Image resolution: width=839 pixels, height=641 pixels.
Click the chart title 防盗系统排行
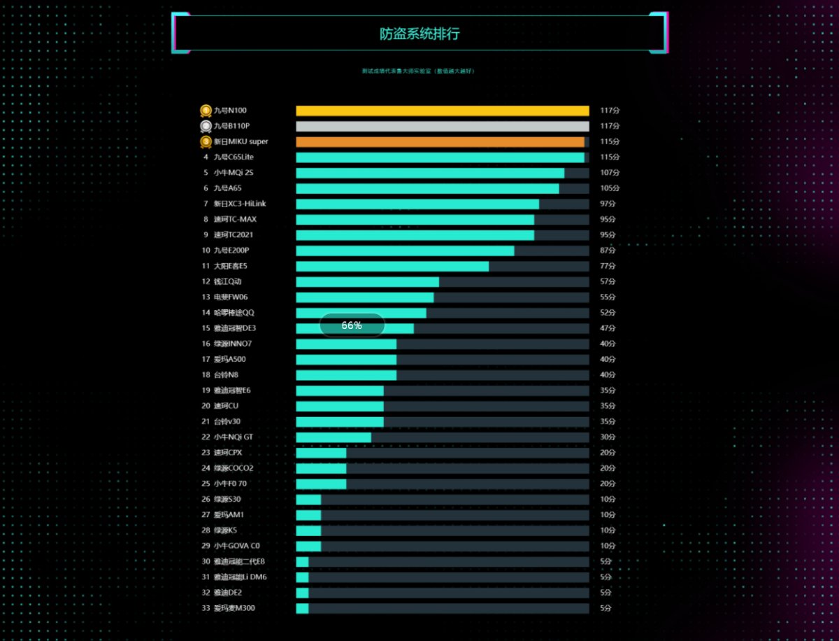coord(419,34)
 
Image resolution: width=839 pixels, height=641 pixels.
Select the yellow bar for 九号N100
coord(442,111)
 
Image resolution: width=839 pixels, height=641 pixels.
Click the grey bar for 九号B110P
coord(442,126)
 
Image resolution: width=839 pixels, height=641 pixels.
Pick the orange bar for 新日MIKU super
coord(440,141)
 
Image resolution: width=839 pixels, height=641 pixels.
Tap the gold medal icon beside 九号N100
coord(206,111)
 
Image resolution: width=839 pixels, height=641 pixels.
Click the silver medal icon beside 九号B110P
coord(206,126)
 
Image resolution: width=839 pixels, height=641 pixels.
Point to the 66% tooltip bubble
coord(352,325)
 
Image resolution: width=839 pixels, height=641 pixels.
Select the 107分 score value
coord(610,173)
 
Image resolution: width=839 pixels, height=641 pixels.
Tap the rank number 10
coord(206,251)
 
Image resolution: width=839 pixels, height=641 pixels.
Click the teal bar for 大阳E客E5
coord(392,266)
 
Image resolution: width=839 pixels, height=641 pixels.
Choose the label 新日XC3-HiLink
coord(240,204)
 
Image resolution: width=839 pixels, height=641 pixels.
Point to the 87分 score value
coord(608,251)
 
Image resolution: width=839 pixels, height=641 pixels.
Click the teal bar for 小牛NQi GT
coord(334,437)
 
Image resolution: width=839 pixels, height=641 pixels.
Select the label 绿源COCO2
coord(234,468)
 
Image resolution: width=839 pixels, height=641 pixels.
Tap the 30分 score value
coord(608,437)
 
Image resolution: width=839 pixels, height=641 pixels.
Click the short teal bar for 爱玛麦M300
coord(302,608)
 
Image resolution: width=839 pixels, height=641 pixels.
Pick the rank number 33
coord(206,608)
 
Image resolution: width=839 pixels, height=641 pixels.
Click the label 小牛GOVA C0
coord(237,546)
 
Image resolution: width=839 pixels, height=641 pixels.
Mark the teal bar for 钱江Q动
coord(367,282)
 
